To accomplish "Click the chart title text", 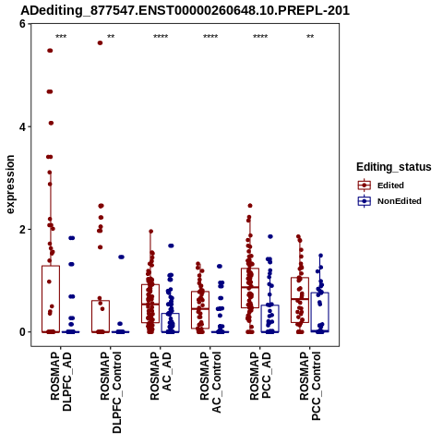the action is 185,10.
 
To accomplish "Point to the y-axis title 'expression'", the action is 10,185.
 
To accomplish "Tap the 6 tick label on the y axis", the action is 22,24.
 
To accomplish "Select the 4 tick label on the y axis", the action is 22,126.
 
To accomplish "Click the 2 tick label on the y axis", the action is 22,229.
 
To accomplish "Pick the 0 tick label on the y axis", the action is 22,332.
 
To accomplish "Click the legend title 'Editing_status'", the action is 394,167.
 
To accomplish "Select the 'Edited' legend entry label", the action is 390,186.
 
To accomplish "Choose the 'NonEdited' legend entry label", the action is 400,201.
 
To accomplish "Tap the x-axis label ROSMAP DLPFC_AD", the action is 61,381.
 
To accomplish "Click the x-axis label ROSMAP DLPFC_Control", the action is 111,392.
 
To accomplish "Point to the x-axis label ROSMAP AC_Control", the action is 210,382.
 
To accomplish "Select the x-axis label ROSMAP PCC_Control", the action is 310,386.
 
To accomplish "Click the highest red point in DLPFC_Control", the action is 100,42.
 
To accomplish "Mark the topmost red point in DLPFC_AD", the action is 50,51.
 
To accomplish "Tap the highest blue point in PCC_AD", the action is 270,236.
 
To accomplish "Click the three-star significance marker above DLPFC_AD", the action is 61,37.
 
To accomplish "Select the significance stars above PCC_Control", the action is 310,37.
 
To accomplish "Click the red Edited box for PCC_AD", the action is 250,269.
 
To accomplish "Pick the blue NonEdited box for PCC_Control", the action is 320,293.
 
